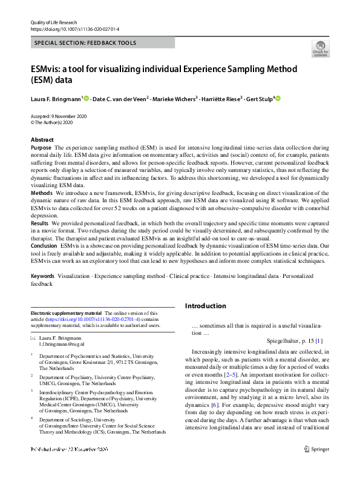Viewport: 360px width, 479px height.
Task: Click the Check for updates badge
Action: point(319,48)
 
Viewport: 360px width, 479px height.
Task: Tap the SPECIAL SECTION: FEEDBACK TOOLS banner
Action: point(85,43)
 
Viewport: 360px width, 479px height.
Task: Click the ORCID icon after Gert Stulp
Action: point(278,98)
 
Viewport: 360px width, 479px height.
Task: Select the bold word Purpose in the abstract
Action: point(41,148)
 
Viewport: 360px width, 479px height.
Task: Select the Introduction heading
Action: point(205,306)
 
